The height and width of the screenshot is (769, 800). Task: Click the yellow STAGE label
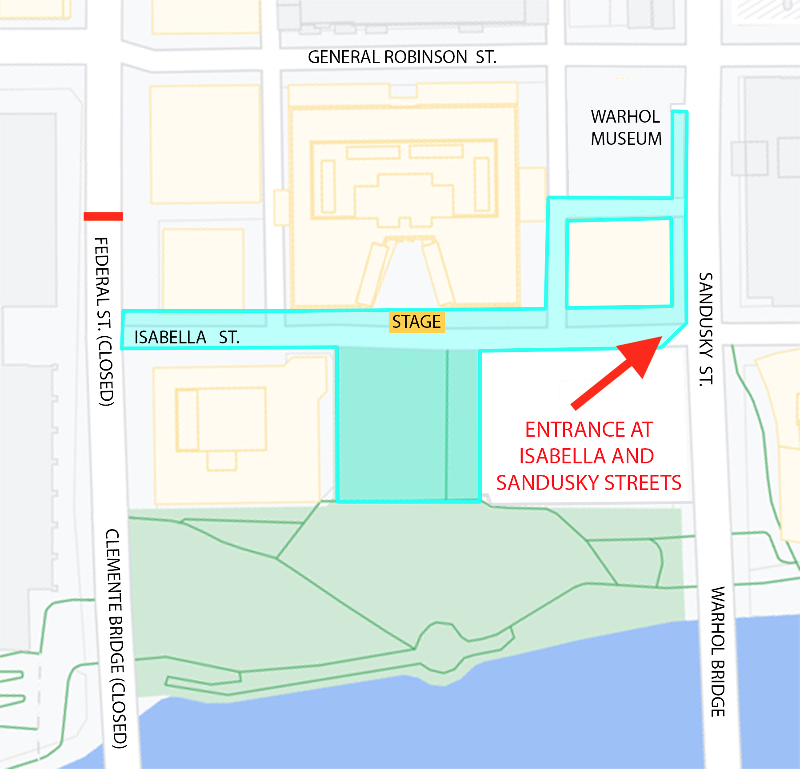(416, 322)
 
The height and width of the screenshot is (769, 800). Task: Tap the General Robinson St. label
(402, 57)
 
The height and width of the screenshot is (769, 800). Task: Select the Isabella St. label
(187, 338)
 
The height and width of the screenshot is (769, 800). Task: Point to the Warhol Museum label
(626, 128)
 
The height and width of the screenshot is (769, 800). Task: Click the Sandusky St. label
(706, 329)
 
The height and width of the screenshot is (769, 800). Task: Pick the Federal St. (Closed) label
(105, 322)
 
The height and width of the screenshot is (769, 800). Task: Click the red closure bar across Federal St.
(103, 216)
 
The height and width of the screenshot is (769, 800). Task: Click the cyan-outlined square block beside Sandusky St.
(619, 263)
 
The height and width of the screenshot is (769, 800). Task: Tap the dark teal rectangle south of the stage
(391, 424)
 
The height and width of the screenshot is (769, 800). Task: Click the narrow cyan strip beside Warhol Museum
(680, 155)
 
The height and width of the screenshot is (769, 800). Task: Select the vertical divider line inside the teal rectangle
(447, 424)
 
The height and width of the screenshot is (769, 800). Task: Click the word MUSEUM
(626, 139)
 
